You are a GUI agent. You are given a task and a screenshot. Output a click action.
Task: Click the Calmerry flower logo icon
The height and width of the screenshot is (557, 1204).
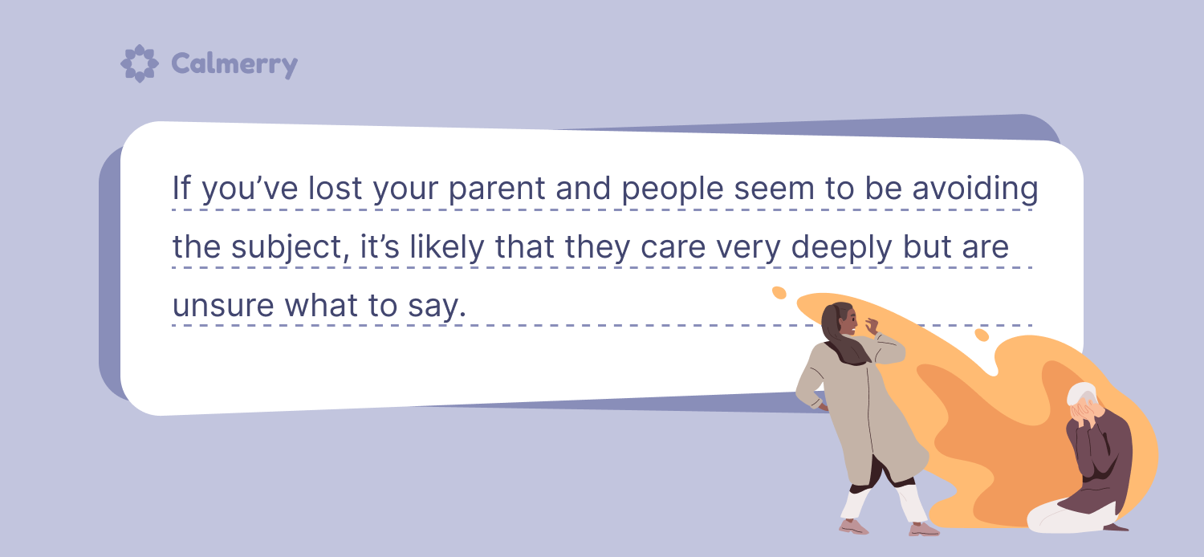click(139, 63)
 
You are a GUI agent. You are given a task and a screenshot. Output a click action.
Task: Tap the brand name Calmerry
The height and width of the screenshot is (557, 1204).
click(234, 64)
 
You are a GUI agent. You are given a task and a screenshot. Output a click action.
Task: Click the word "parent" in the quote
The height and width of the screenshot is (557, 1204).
click(497, 189)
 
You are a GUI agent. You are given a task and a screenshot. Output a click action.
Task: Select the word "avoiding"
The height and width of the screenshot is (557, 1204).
click(975, 189)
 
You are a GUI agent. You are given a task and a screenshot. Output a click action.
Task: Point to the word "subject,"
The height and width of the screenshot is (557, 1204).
click(291, 247)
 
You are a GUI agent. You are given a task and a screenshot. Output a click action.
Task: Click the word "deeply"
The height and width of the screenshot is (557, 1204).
click(840, 247)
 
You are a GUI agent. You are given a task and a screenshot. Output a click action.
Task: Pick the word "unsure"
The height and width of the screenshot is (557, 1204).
click(223, 305)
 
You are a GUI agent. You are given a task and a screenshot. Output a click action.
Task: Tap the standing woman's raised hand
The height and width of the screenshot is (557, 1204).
click(871, 325)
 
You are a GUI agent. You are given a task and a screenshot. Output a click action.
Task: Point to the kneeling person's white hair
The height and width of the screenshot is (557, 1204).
click(1080, 393)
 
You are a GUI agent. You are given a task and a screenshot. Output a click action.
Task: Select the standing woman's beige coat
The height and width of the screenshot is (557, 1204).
click(860, 409)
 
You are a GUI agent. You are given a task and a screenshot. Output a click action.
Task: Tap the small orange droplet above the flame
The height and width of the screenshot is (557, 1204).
click(779, 292)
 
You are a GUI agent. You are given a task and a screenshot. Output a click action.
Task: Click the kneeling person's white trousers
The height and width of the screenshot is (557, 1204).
click(1070, 517)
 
